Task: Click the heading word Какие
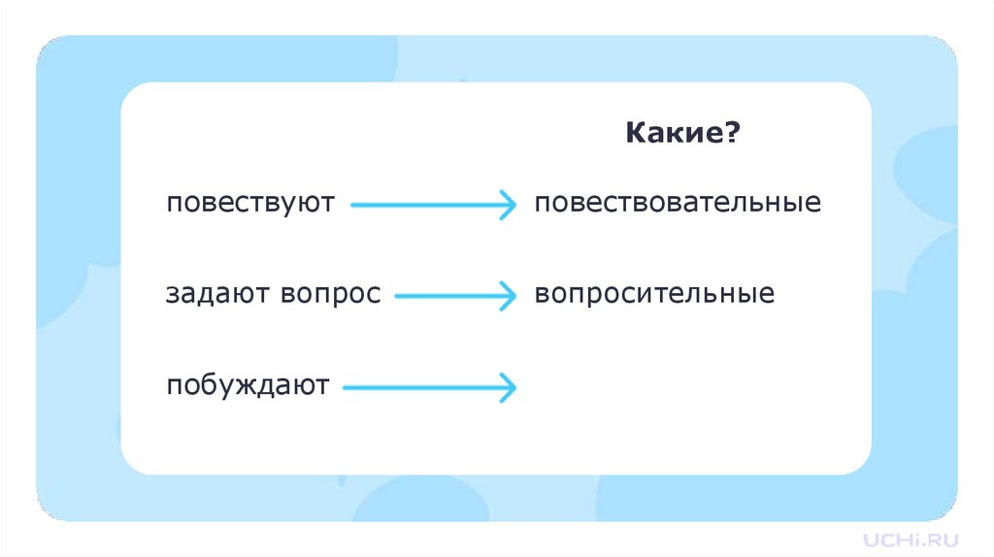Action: pyautogui.click(x=672, y=133)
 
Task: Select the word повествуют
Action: pyautogui.click(x=250, y=204)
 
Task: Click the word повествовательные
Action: pyautogui.click(x=678, y=204)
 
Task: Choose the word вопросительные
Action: pyautogui.click(x=654, y=293)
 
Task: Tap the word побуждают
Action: pyautogui.click(x=248, y=385)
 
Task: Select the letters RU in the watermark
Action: pyautogui.click(x=944, y=539)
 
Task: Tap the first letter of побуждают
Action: pyautogui.click(x=173, y=386)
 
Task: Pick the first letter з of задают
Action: pyautogui.click(x=172, y=294)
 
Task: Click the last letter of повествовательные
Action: pyautogui.click(x=814, y=205)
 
